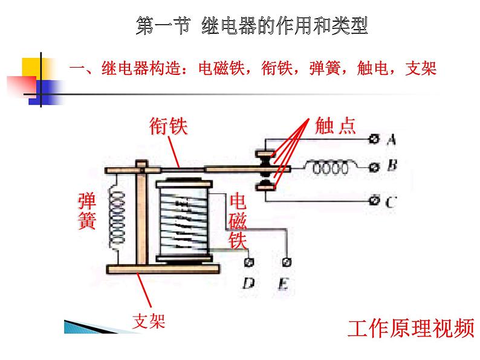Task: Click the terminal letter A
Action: (x=391, y=140)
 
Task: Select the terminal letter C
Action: (x=391, y=201)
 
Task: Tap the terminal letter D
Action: (x=247, y=282)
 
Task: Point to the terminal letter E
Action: (x=285, y=282)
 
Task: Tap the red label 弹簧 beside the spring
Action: (x=86, y=211)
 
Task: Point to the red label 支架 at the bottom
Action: (x=149, y=321)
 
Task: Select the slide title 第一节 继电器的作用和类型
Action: (x=252, y=26)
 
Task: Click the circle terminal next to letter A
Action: (x=374, y=140)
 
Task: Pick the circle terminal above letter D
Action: (x=247, y=262)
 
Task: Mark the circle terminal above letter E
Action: (x=286, y=262)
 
